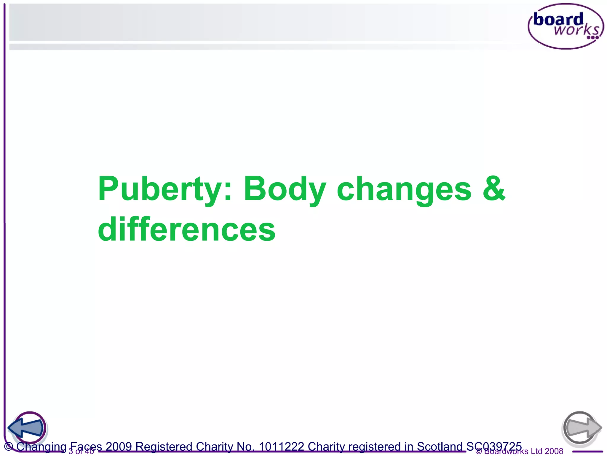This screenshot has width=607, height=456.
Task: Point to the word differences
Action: click(187, 229)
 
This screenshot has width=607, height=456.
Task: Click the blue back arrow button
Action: click(27, 428)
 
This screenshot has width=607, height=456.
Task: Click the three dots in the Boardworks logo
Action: click(593, 38)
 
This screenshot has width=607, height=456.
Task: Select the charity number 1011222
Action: click(281, 446)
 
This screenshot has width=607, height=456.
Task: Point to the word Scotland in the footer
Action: click(440, 446)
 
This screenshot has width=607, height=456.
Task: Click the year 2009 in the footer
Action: click(119, 446)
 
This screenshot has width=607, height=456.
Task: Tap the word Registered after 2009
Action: click(164, 446)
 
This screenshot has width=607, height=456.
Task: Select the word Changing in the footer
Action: click(41, 446)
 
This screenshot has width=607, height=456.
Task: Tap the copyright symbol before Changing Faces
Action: click(9, 446)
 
